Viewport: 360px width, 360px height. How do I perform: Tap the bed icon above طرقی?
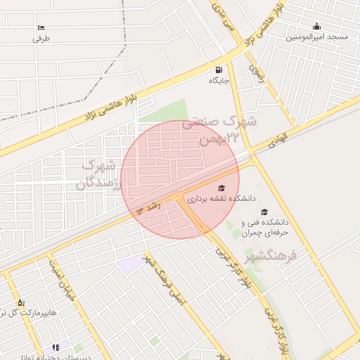(x=41, y=28)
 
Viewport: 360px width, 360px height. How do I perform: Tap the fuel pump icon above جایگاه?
(x=220, y=70)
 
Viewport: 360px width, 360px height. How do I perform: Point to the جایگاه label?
(x=220, y=81)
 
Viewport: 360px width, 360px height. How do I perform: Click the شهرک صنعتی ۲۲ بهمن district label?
(x=219, y=130)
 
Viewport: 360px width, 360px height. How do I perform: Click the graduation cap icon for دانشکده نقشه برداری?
(x=221, y=188)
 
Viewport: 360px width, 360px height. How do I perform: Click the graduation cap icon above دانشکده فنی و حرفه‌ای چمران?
(x=264, y=212)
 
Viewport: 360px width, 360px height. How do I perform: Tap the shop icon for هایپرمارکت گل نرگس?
(x=21, y=302)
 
